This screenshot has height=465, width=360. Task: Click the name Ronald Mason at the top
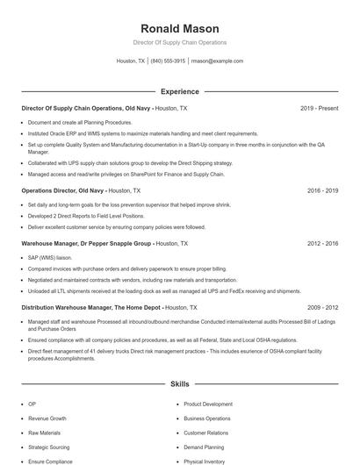pos(179,28)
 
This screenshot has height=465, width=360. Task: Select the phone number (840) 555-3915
pos(168,61)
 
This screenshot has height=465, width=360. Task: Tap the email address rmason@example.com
pos(217,61)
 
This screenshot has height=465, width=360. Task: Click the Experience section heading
pos(179,91)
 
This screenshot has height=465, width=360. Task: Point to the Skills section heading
pos(179,384)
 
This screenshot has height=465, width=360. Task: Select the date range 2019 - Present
pos(319,109)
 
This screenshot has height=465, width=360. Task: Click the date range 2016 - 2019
pos(322,190)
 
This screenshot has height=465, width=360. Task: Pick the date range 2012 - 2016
pos(322,243)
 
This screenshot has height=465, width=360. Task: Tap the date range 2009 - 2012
pos(322,308)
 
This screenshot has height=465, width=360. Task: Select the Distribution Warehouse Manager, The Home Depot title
pos(91,308)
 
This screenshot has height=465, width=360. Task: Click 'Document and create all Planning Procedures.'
pos(80,123)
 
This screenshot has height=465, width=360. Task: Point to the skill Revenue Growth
pos(47,418)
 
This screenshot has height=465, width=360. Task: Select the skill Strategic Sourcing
pos(50,447)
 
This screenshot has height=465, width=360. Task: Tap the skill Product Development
pos(208,404)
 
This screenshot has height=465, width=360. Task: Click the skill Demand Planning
pos(205,447)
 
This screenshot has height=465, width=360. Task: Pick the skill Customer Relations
pos(206,433)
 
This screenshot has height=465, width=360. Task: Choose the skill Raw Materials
pos(45,433)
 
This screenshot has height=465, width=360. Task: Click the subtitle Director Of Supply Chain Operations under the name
pos(179,42)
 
